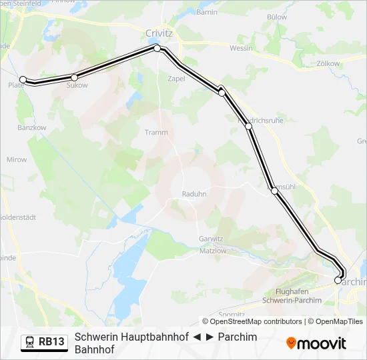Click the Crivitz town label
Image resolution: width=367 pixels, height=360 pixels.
(159, 33)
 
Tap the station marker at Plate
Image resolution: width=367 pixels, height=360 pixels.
(23, 79)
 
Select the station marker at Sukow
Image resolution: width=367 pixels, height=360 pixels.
(75, 77)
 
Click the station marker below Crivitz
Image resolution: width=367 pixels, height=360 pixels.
(157, 48)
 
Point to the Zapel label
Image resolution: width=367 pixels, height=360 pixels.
(177, 78)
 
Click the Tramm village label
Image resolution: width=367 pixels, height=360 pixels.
(156, 132)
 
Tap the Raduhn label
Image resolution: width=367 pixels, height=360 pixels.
(194, 194)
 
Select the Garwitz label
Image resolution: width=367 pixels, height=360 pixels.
(210, 239)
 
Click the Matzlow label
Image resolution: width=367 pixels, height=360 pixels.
(213, 251)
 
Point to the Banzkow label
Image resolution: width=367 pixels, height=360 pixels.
(31, 127)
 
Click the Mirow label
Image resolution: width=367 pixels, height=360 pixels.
(17, 159)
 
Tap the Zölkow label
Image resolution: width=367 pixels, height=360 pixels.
(328, 63)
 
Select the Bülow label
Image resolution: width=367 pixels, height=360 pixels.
(276, 17)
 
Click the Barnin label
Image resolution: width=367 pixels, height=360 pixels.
(208, 12)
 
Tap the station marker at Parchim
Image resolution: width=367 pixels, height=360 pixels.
(338, 280)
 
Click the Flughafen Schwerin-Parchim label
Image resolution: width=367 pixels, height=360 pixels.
(293, 296)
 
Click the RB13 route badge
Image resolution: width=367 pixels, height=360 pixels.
(45, 342)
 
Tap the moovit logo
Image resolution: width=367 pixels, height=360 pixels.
(316, 343)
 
